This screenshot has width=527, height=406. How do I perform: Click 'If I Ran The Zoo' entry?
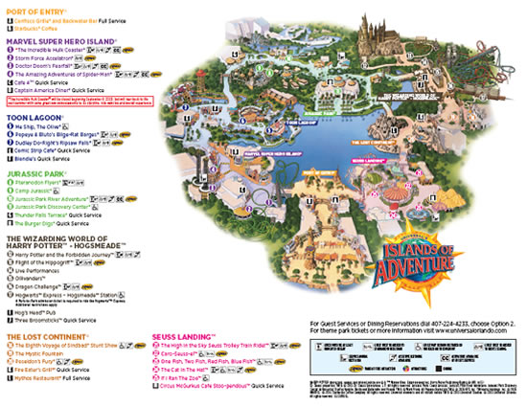pos(173,377)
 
